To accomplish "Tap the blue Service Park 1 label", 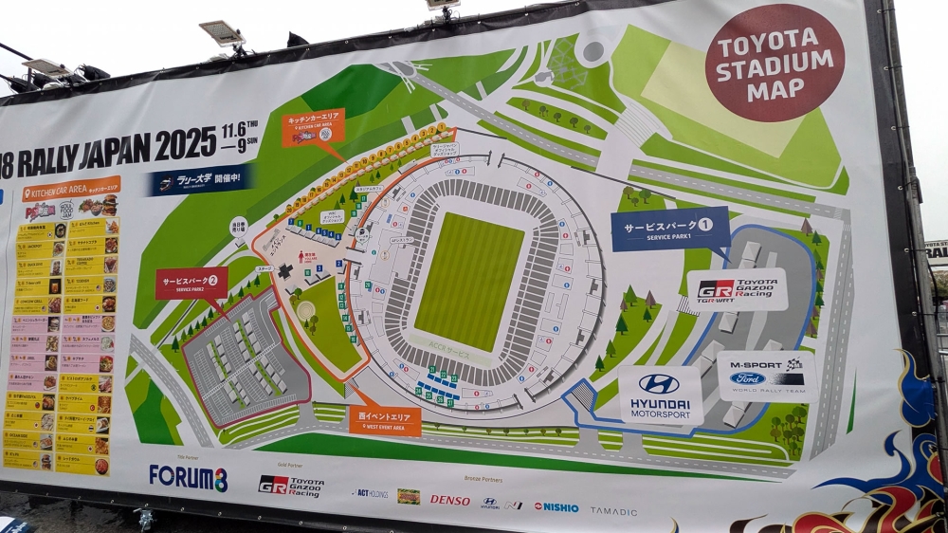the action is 670,229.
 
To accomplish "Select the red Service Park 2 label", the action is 191,283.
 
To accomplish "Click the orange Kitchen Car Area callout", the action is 313,128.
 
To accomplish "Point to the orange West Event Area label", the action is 384,420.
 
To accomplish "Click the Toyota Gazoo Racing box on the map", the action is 738,289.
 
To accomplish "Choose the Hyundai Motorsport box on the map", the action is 661,394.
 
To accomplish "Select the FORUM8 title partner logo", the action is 188,477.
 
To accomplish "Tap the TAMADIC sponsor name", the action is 613,510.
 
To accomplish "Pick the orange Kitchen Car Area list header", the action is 71,189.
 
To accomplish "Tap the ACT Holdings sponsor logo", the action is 370,494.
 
